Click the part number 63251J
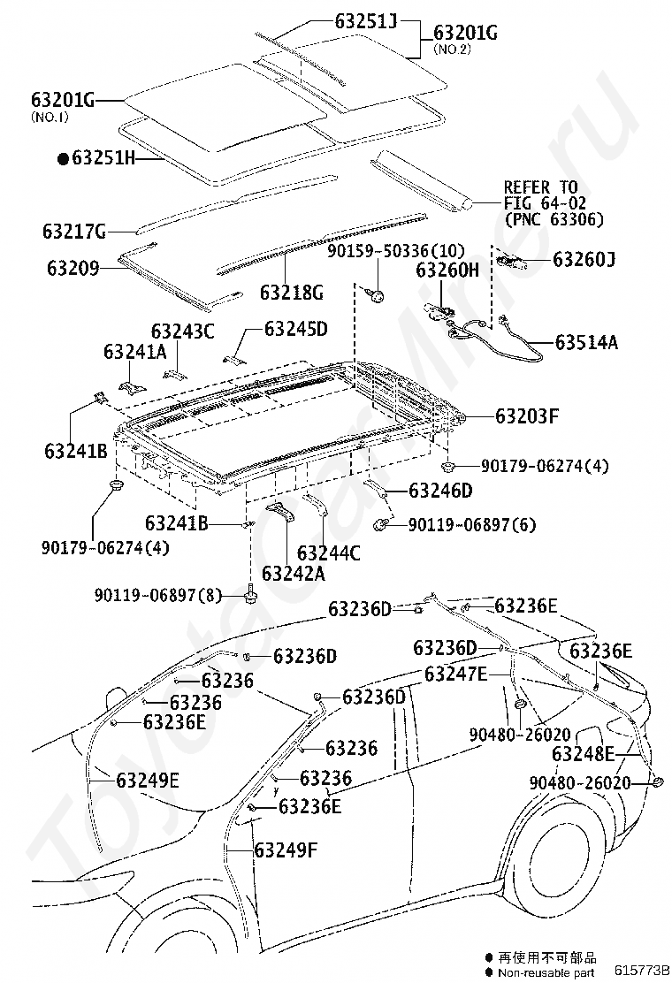(364, 19)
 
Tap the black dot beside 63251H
(63, 159)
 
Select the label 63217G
(74, 232)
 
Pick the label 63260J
(584, 260)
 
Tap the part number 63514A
(586, 342)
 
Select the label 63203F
(526, 415)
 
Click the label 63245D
(295, 330)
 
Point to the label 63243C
(182, 331)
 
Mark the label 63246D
(440, 491)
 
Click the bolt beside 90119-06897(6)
(382, 523)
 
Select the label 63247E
(455, 674)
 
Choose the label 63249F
(285, 850)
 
